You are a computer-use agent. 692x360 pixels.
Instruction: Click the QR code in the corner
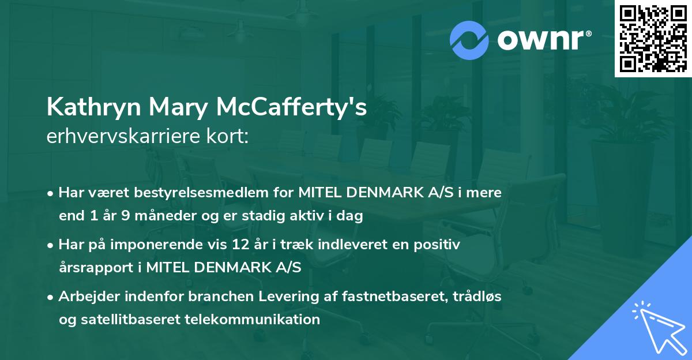[653, 38]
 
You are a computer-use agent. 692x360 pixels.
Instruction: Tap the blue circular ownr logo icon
[469, 39]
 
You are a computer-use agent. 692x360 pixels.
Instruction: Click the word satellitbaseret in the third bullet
[119, 319]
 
